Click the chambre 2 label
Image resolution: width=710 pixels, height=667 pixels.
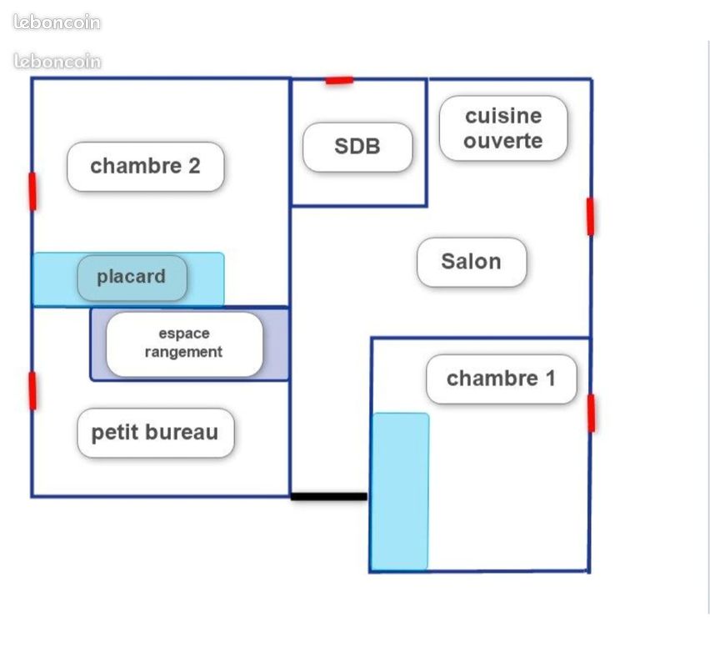pyautogui.click(x=145, y=166)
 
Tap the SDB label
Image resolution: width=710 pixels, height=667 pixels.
pyautogui.click(x=357, y=147)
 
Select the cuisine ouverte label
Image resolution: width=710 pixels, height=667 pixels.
pyautogui.click(x=503, y=128)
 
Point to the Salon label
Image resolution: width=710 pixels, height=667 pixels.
pyautogui.click(x=472, y=262)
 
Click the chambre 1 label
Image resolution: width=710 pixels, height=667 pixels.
pyautogui.click(x=502, y=379)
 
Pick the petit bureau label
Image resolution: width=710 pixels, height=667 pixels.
pyautogui.click(x=155, y=433)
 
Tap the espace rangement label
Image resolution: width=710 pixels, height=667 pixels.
pyautogui.click(x=184, y=344)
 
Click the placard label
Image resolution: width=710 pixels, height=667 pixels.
pyautogui.click(x=132, y=278)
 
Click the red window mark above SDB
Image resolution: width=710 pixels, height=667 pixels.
pyautogui.click(x=339, y=81)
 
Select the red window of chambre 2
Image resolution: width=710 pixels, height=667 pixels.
pyautogui.click(x=32, y=191)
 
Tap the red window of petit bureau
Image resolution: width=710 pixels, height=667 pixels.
pyautogui.click(x=32, y=390)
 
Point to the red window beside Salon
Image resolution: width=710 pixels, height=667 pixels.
pyautogui.click(x=591, y=217)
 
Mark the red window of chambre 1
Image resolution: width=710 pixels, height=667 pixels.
pyautogui.click(x=592, y=414)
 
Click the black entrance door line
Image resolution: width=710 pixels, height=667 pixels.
pyautogui.click(x=328, y=497)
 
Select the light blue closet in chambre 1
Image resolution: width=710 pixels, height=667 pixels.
pyautogui.click(x=400, y=491)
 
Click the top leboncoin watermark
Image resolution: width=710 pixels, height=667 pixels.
pyautogui.click(x=57, y=23)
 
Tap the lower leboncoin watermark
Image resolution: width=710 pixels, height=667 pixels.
pyautogui.click(x=57, y=61)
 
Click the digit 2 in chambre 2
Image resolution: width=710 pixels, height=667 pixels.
pyautogui.click(x=194, y=166)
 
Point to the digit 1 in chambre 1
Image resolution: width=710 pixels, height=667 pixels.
pyautogui.click(x=551, y=379)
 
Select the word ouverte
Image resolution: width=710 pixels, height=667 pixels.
pyautogui.click(x=503, y=141)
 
